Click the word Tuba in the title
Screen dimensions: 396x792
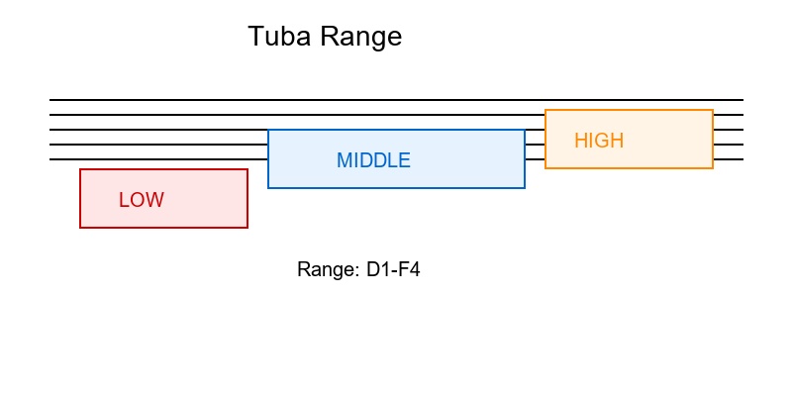(279, 37)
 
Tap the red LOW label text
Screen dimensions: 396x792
(142, 200)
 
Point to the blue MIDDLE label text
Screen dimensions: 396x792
(373, 160)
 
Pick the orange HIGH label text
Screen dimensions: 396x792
(599, 141)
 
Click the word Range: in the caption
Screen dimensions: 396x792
(328, 269)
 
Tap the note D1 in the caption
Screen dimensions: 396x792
(378, 269)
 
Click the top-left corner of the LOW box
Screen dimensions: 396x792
(80, 169)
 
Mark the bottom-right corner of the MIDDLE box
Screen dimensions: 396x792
(525, 188)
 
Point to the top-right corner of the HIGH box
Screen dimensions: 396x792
(713, 110)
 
